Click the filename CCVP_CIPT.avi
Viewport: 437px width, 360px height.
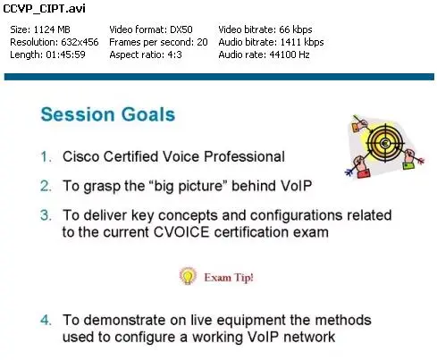44,9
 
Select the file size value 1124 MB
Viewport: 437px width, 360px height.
52,29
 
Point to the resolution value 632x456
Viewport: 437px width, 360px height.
80,42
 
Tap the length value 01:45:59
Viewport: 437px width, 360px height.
65,54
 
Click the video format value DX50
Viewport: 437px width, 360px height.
181,29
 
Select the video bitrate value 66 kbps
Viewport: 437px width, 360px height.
296,29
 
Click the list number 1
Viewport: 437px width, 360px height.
46,157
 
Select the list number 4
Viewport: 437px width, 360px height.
46,320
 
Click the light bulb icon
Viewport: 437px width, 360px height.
188,276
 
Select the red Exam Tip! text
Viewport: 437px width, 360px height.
229,278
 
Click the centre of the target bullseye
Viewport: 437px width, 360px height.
385,143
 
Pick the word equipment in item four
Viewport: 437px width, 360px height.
251,321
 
